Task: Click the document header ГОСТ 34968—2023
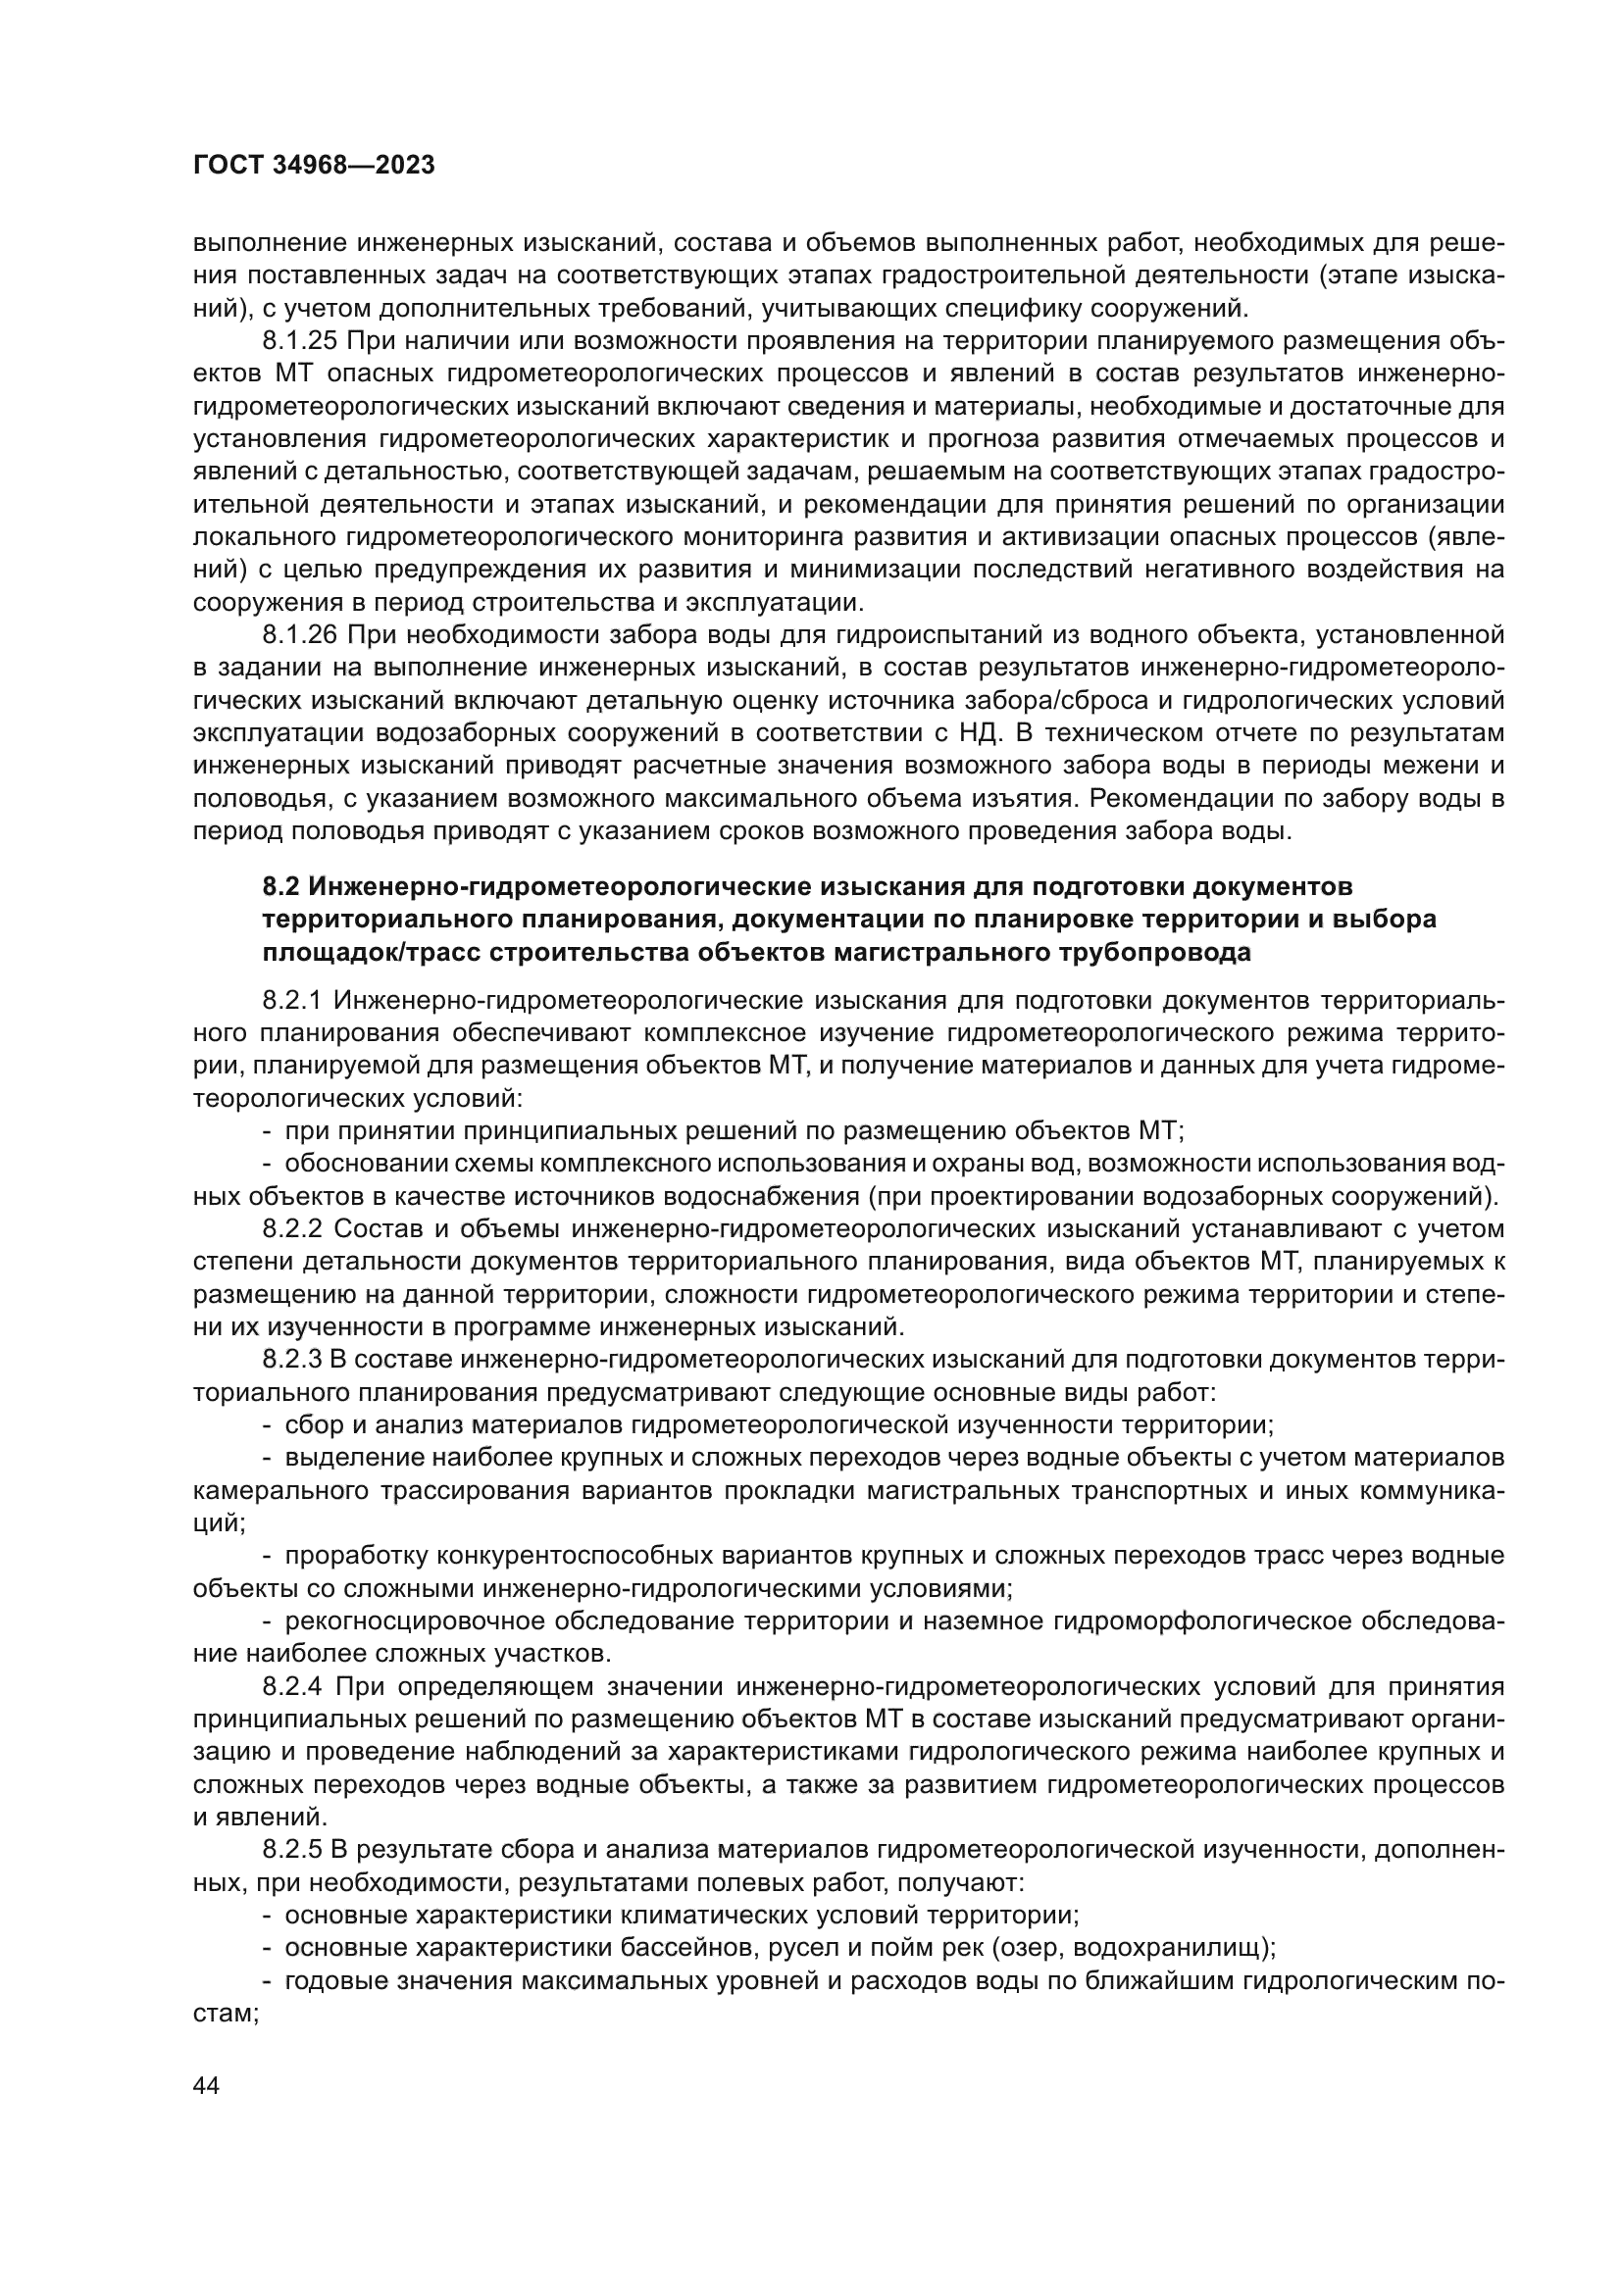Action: [314, 166]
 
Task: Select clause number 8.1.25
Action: [301, 340]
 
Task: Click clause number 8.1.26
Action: [301, 634]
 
